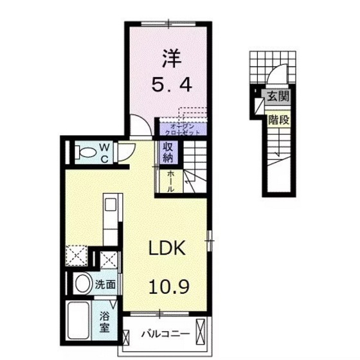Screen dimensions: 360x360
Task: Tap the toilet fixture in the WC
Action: tap(82, 152)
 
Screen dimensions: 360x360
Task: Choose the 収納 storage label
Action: tap(168, 152)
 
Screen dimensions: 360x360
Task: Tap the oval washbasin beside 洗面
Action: tap(82, 283)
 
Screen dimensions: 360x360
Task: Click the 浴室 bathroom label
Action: tap(104, 321)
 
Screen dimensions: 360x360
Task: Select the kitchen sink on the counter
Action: tap(110, 205)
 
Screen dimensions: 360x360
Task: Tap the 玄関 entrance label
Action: tap(278, 98)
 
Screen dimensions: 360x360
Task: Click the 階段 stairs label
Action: tap(278, 118)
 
